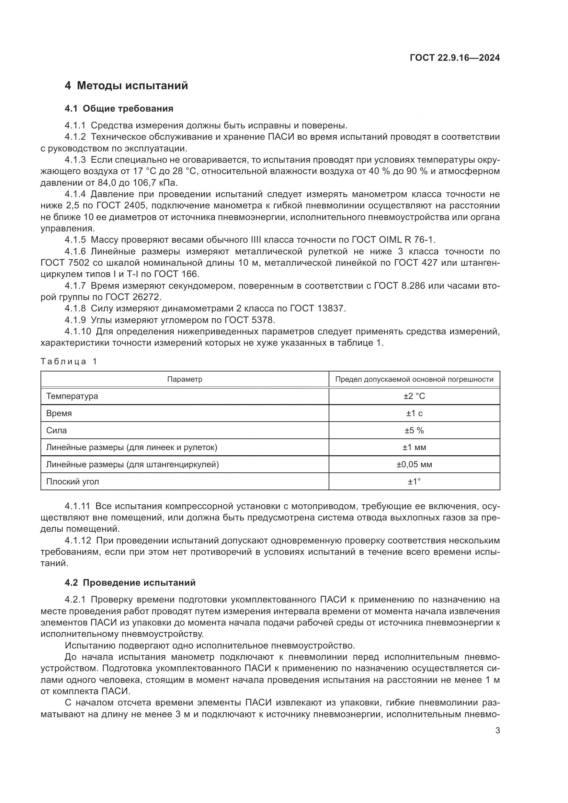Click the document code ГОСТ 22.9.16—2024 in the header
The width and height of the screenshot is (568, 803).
[454, 58]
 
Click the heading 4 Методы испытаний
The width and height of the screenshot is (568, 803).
[126, 85]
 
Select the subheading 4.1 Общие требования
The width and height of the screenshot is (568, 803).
[119, 108]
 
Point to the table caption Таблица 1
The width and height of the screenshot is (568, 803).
[69, 361]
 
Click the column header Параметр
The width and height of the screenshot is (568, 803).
[184, 379]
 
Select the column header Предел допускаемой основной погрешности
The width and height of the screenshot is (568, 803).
[414, 379]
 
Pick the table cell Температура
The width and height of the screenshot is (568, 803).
[72, 396]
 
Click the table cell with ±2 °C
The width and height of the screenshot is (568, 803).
[414, 396]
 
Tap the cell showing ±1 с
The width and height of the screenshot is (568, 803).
[414, 413]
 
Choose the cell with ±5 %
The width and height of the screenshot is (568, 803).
[414, 430]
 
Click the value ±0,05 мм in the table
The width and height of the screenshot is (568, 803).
[414, 464]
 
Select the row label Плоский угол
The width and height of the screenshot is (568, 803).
[73, 482]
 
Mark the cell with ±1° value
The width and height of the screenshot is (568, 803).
[414, 482]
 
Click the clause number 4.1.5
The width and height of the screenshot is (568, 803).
[75, 240]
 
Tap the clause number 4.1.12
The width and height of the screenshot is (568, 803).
[78, 540]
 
